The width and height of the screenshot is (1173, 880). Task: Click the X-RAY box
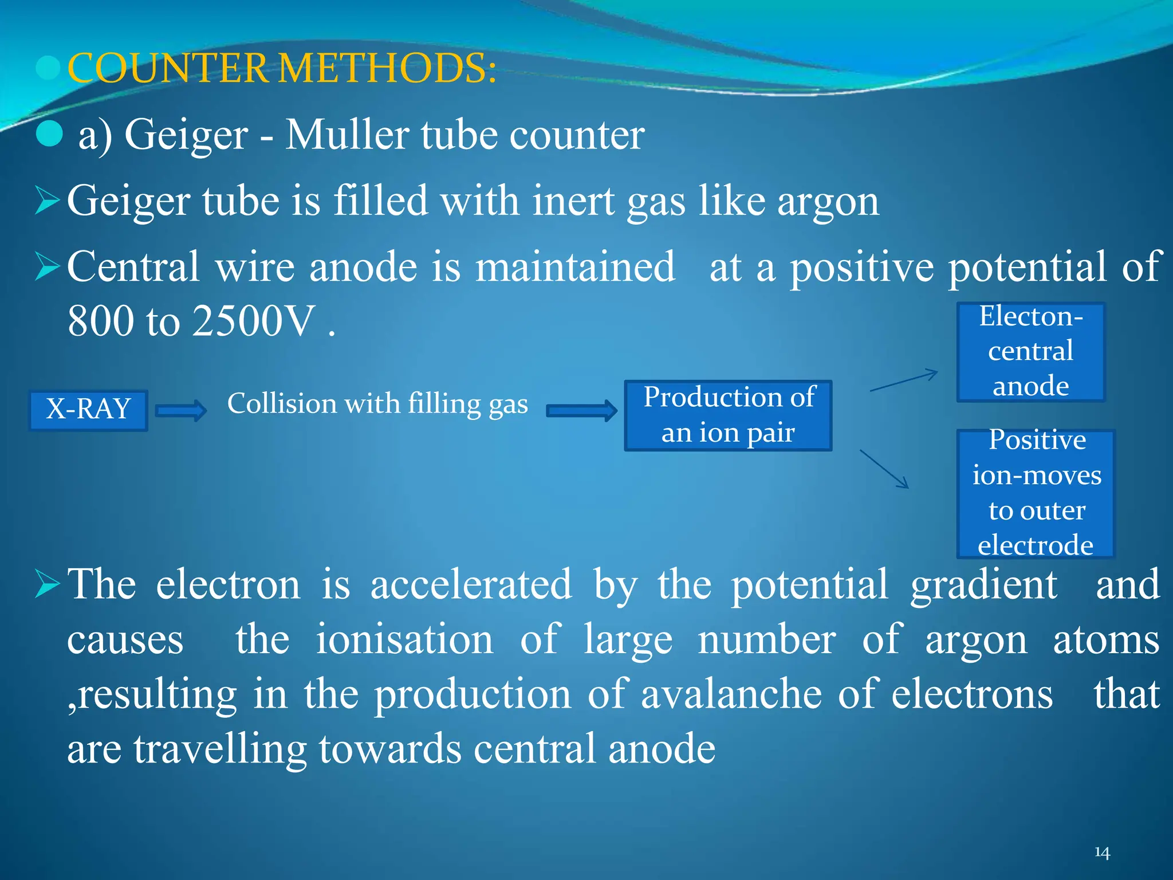click(88, 410)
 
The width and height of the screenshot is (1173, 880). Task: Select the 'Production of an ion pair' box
click(728, 415)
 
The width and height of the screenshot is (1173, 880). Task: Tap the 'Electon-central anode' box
click(1030, 352)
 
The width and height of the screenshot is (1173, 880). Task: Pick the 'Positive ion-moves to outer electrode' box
click(1036, 493)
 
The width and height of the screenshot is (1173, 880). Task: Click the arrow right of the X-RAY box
click(181, 411)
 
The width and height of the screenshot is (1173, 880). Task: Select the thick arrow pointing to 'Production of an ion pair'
click(581, 411)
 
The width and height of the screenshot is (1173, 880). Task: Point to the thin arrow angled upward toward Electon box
click(904, 380)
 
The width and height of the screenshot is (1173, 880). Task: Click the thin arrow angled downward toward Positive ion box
click(884, 469)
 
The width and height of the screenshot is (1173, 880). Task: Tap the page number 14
click(1102, 852)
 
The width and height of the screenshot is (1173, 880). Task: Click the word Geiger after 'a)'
click(186, 136)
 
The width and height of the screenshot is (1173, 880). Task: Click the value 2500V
click(254, 321)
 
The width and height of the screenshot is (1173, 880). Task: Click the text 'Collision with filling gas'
click(377, 403)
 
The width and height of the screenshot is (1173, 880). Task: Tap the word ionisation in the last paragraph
click(404, 639)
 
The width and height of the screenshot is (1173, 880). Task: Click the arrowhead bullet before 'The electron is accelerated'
click(47, 585)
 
